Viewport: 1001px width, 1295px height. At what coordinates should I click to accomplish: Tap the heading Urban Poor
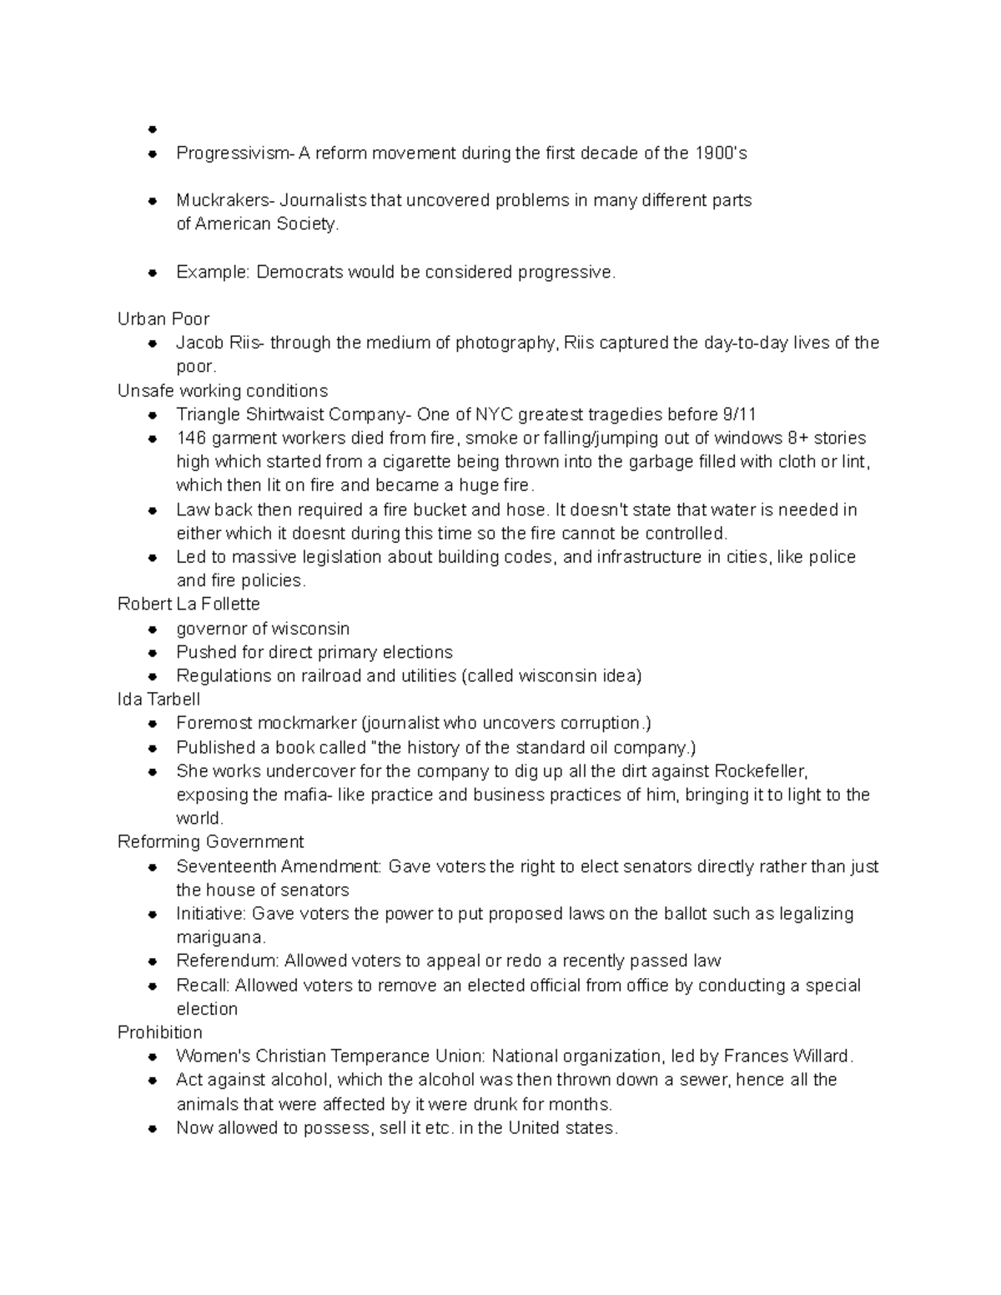(163, 319)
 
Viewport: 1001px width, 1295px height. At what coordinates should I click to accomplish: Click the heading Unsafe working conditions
(222, 391)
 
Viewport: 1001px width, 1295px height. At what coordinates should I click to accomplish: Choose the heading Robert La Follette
(189, 604)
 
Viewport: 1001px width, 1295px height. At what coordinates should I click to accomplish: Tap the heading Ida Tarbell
(158, 700)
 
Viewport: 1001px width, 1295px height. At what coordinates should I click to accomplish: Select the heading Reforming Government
(210, 842)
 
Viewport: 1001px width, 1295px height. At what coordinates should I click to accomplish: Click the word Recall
(201, 986)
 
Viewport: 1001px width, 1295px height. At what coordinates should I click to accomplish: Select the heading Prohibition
(159, 1032)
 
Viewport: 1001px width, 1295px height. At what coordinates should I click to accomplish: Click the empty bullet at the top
(152, 129)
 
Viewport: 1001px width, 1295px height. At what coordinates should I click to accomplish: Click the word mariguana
(219, 937)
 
